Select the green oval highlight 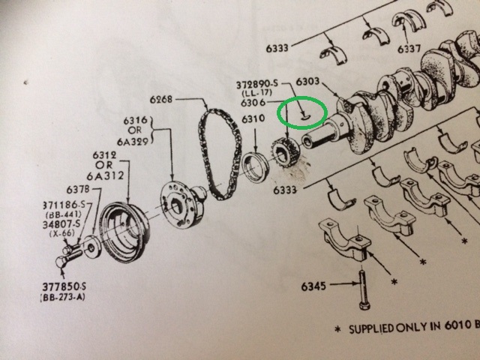(302, 114)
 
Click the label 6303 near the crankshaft (308, 81)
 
